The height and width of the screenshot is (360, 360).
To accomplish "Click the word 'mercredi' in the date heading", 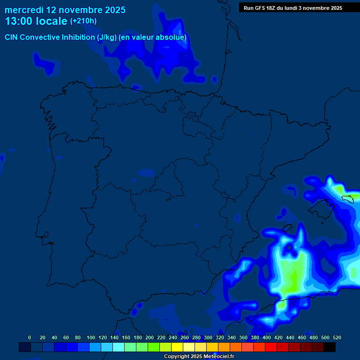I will click(23, 9).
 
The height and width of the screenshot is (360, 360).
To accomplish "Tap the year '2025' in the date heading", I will click(112, 9).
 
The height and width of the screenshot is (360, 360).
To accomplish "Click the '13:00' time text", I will click(19, 21).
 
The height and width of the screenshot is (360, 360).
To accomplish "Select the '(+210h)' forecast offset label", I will click(83, 21).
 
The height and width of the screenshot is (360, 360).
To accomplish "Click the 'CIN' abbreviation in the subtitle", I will click(12, 37).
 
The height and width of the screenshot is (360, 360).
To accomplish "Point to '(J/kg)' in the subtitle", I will click(107, 37).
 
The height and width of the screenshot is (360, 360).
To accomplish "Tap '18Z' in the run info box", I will click(274, 8).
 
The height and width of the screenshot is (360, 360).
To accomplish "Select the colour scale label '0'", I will click(30, 337).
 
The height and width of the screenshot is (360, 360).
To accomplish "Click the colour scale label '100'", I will click(91, 337).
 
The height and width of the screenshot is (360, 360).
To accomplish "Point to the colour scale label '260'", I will click(185, 337).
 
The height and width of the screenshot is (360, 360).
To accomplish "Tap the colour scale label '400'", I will click(267, 337).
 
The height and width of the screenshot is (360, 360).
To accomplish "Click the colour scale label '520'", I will click(337, 337).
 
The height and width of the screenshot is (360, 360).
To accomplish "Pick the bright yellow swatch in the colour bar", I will click(177, 347).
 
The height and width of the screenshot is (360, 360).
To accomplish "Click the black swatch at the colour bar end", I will click(330, 347).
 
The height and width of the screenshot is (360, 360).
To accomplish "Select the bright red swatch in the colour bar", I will click(271, 347).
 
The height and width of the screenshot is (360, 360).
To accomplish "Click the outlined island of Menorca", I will click(347, 199).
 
